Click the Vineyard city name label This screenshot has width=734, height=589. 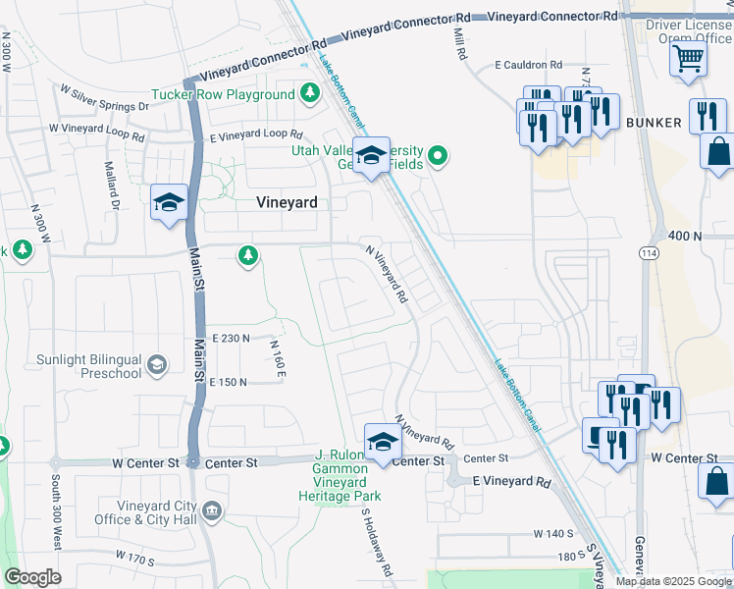[287, 203]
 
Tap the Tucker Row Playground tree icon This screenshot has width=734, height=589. [310, 94]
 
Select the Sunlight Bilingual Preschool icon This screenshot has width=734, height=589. [156, 366]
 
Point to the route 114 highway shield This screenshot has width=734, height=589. [649, 253]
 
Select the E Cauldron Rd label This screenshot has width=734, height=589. [528, 65]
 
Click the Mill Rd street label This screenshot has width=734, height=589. [458, 43]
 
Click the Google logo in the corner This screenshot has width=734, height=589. [32, 577]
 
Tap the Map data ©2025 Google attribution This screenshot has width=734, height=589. [673, 581]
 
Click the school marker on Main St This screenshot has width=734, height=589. [169, 203]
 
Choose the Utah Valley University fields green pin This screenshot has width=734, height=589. [439, 155]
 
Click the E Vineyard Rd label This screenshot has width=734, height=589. [511, 482]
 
